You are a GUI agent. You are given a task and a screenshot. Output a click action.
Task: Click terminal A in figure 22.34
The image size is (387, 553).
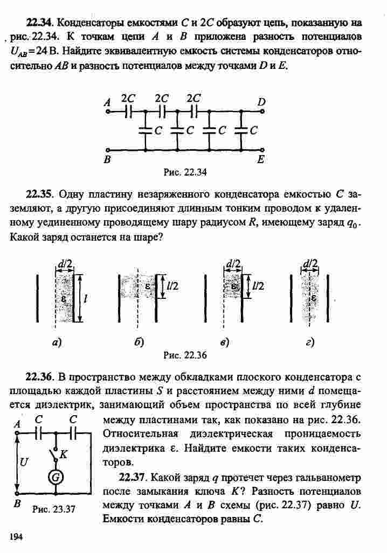(x=107, y=111)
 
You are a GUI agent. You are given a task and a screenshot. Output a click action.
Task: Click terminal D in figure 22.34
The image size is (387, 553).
(x=262, y=111)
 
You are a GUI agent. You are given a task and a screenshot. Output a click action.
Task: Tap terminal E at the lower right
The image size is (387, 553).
(x=262, y=150)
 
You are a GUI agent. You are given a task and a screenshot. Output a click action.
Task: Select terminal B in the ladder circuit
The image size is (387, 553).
(x=107, y=150)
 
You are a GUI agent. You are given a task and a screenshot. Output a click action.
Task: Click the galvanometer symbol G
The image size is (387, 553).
(x=56, y=477)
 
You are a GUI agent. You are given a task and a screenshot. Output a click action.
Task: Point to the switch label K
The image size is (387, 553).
(x=63, y=454)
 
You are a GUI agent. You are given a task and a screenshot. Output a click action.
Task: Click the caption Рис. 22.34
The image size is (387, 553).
(x=185, y=172)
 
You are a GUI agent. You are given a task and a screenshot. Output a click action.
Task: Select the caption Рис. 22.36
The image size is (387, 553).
(x=185, y=355)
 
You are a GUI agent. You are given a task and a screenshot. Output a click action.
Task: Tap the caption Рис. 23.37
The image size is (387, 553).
(x=54, y=509)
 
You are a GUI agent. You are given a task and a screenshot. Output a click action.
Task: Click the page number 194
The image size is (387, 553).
(x=16, y=536)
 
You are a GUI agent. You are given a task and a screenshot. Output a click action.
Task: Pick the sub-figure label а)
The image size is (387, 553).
(x=57, y=342)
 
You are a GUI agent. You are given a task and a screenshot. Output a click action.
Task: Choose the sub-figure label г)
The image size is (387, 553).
(x=310, y=342)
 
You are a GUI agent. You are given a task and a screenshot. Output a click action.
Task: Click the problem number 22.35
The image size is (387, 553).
(x=39, y=194)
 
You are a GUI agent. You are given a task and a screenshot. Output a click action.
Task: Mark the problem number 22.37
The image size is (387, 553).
(x=132, y=478)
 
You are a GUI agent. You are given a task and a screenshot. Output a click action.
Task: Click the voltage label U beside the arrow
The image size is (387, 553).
(x=24, y=461)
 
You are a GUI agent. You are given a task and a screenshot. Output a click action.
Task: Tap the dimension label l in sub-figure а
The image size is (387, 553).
(x=85, y=298)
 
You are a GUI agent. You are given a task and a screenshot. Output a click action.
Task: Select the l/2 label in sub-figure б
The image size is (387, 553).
(x=172, y=286)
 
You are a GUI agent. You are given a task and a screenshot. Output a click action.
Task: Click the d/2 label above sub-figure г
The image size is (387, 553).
(x=310, y=263)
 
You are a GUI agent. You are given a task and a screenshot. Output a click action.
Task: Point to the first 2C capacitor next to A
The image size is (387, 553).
(x=128, y=111)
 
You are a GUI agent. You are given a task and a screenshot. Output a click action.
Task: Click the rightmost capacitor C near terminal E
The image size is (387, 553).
(x=241, y=130)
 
